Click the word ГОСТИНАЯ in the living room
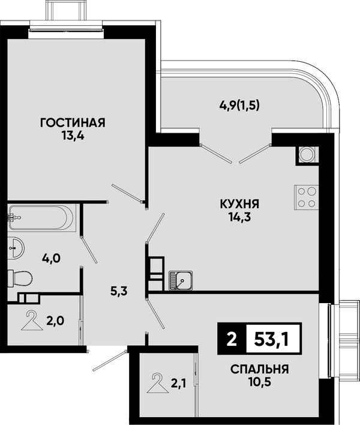click(x=73, y=123)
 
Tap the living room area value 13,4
click(x=73, y=136)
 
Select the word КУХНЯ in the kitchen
click(x=239, y=204)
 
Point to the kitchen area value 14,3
click(x=239, y=217)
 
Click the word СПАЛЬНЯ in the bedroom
click(x=260, y=369)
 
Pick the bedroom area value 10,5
click(x=260, y=382)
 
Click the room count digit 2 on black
click(x=232, y=339)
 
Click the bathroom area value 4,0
click(x=51, y=259)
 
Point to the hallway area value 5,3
click(x=119, y=292)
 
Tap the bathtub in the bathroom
click(x=41, y=218)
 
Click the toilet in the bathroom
click(x=20, y=279)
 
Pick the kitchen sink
click(x=181, y=280)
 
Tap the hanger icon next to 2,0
click(x=32, y=321)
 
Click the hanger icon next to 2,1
click(x=158, y=383)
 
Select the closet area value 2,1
click(x=178, y=383)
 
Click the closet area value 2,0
click(x=55, y=321)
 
